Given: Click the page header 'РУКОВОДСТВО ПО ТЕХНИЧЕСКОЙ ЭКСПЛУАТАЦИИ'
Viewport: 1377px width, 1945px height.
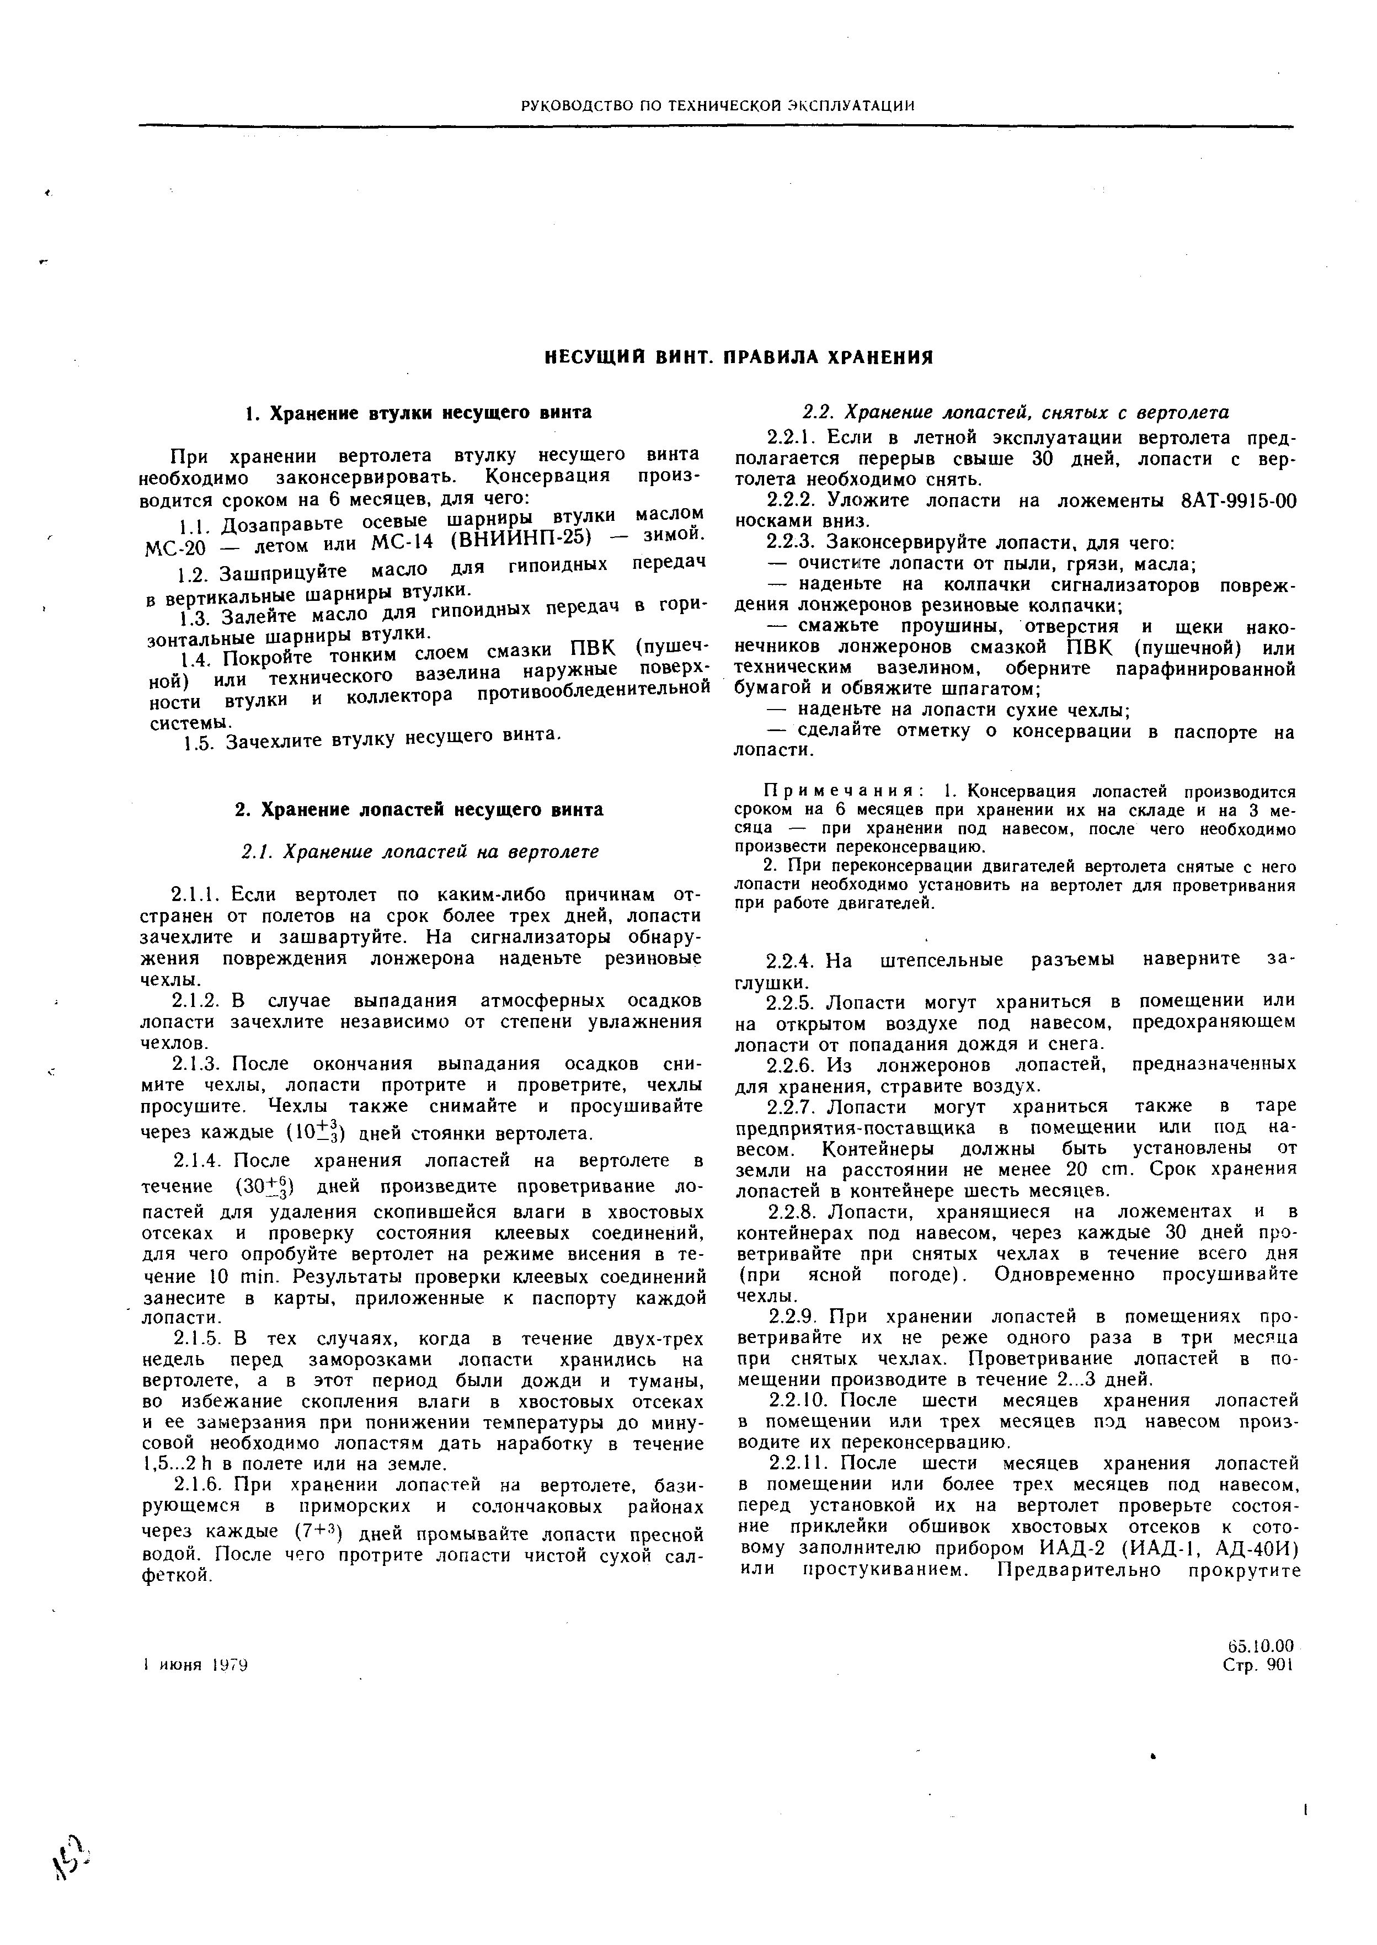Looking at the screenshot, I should point(717,105).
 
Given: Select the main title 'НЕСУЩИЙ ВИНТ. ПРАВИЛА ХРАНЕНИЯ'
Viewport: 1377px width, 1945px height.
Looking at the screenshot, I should point(738,357).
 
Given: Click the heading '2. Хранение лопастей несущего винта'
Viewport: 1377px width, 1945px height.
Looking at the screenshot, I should point(419,809).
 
